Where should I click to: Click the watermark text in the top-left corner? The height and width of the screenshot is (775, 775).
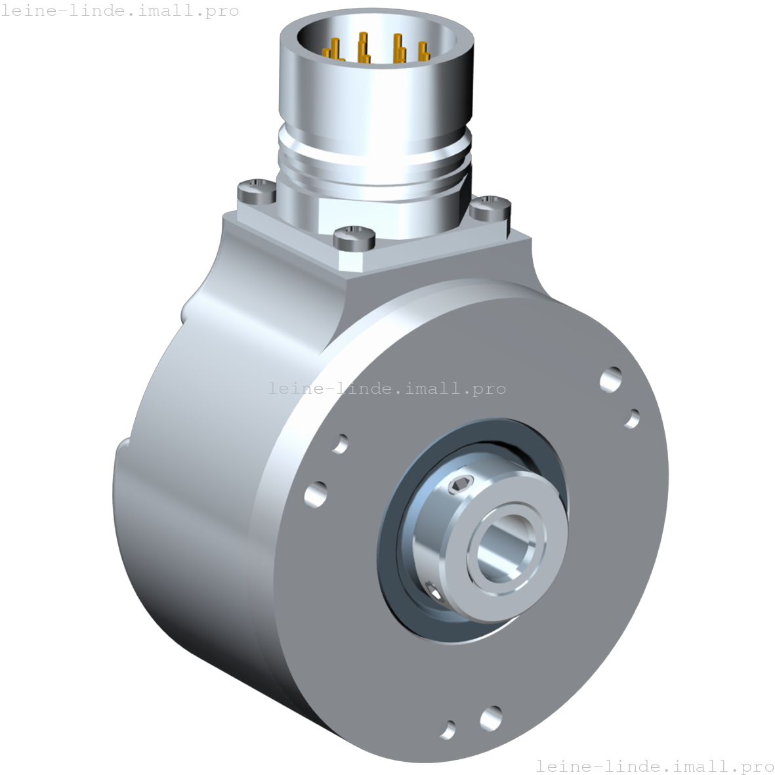[x=120, y=10]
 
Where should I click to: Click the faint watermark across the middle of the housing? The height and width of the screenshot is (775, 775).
[x=387, y=388]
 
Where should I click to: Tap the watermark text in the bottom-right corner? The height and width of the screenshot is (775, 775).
[x=654, y=766]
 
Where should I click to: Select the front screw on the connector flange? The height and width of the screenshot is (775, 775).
[x=354, y=238]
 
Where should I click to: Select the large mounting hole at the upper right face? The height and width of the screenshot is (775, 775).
[x=611, y=379]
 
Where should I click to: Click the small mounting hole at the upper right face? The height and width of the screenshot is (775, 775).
[x=633, y=418]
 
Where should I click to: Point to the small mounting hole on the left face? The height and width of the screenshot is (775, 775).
[x=340, y=444]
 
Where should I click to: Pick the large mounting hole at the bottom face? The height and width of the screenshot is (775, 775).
[x=490, y=718]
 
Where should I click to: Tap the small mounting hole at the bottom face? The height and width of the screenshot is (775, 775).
[x=448, y=729]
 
